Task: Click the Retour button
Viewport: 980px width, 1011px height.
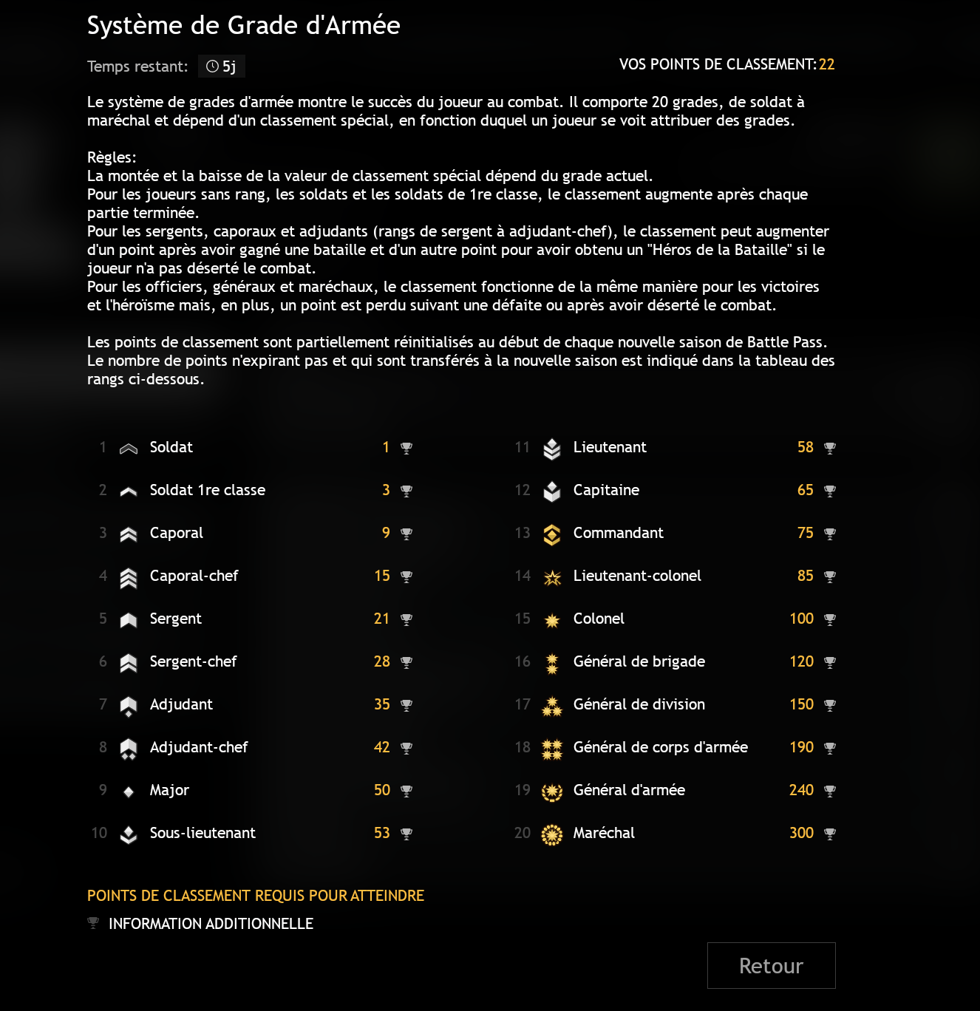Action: tap(771, 965)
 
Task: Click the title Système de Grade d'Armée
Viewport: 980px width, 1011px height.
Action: tap(243, 26)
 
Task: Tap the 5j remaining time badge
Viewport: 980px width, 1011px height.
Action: tap(222, 67)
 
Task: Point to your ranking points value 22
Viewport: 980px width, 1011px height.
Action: tap(826, 64)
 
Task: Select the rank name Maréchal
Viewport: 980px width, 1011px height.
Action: tap(604, 833)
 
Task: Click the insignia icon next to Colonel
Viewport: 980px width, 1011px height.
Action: tap(552, 620)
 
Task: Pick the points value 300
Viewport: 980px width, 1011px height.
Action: tap(801, 833)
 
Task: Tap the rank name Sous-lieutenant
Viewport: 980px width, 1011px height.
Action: tap(203, 833)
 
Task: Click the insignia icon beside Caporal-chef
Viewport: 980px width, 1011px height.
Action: tap(129, 578)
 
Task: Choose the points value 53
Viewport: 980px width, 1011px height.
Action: tap(381, 833)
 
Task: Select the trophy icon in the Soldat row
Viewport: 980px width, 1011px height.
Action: tap(406, 448)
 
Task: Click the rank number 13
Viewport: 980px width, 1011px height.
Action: tap(523, 533)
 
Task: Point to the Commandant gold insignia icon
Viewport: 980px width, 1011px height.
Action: tap(552, 534)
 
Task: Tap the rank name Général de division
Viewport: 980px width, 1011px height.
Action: tap(639, 704)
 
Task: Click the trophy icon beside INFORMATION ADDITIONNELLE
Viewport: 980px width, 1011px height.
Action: tap(93, 922)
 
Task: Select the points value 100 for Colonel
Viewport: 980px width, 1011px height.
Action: tap(801, 619)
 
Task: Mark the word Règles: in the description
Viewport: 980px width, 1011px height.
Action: tap(112, 157)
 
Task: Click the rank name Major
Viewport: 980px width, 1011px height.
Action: tap(169, 790)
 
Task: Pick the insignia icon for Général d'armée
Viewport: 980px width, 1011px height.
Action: tap(552, 792)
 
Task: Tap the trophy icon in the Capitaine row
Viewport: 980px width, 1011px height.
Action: tap(830, 491)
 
